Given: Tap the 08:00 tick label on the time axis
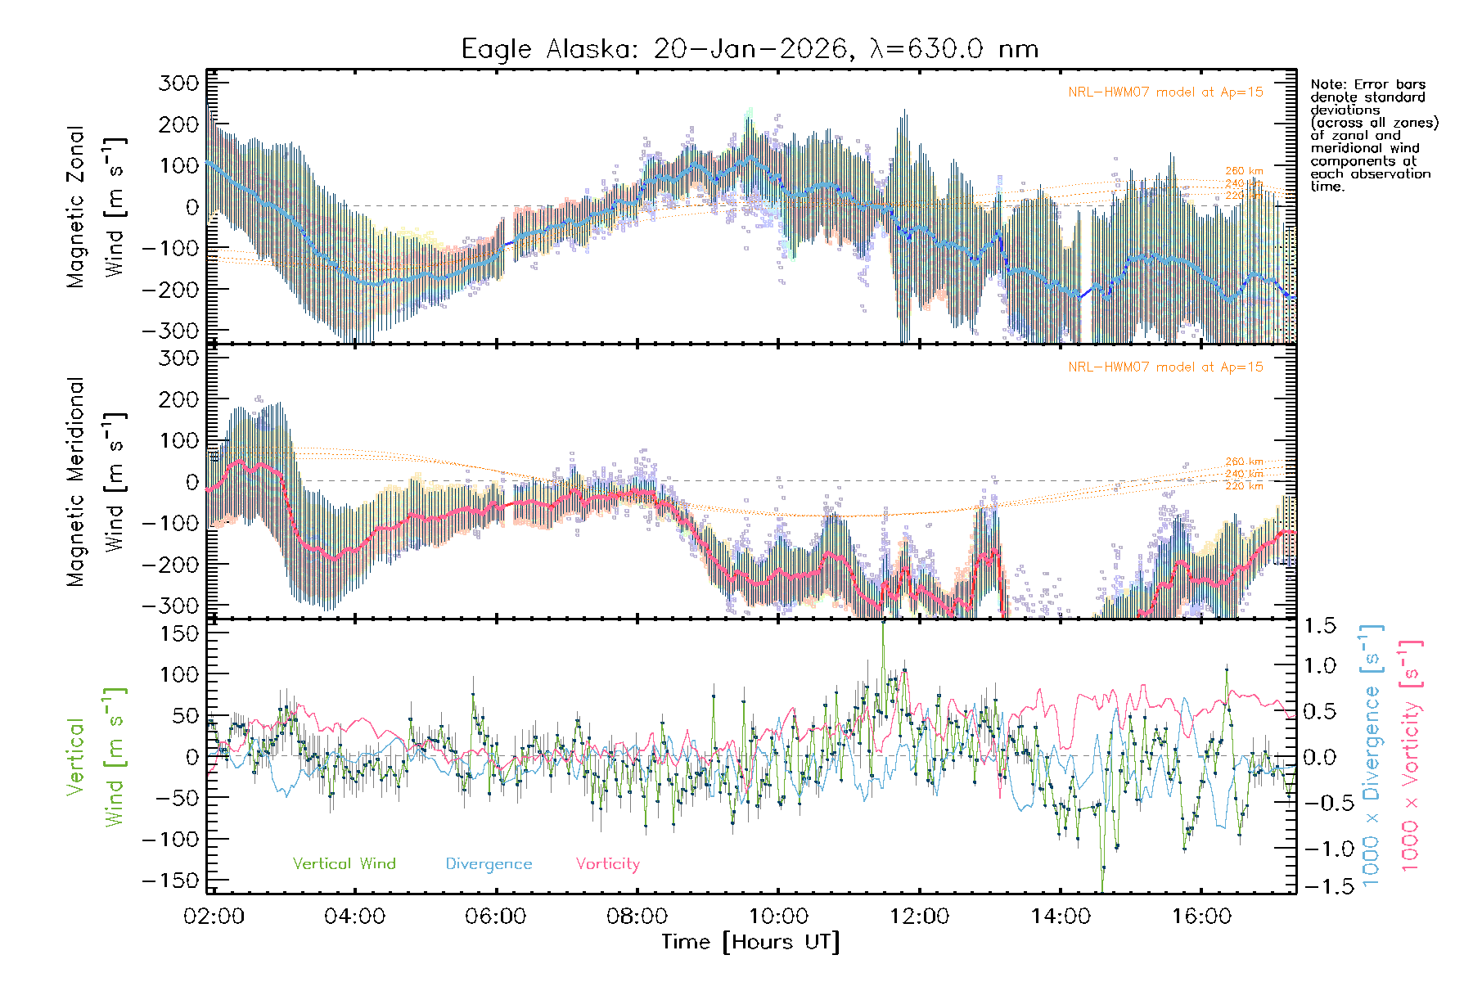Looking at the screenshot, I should [x=637, y=916].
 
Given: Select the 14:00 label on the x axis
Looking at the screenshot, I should [x=1061, y=916].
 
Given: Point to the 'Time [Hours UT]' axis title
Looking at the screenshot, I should [x=750, y=942].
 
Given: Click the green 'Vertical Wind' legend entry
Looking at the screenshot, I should [x=344, y=863].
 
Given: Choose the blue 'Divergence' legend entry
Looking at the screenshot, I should [x=489, y=863].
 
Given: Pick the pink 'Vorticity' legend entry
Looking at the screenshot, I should [x=607, y=863].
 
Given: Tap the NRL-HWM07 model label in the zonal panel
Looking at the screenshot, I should [x=1165, y=92].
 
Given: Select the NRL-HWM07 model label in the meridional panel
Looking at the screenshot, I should [x=1165, y=367].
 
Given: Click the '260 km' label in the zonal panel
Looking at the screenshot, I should [x=1244, y=171].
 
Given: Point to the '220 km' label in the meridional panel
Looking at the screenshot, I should [x=1244, y=486].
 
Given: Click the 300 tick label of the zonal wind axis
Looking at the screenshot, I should [x=179, y=83].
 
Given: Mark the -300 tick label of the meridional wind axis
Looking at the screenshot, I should [x=171, y=606].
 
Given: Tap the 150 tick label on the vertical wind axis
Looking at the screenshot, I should [x=179, y=633].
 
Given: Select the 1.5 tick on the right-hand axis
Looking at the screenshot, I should [x=1320, y=626].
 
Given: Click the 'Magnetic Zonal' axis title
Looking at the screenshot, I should [x=76, y=206].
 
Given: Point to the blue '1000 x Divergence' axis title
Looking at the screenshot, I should [x=1372, y=757].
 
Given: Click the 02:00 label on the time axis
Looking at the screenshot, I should [x=214, y=916].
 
